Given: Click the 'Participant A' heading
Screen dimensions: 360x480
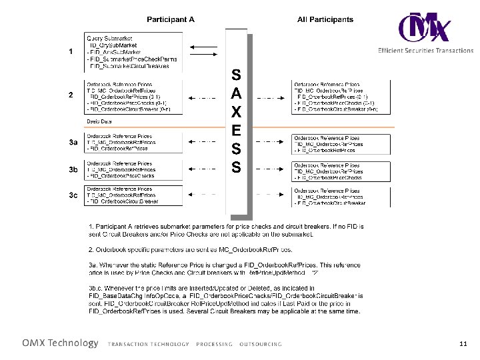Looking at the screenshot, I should [171, 19].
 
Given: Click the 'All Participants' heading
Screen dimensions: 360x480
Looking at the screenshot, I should [325, 19].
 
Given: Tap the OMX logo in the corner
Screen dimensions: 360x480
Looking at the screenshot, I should [424, 27].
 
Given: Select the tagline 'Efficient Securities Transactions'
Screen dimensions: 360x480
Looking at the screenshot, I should [425, 51].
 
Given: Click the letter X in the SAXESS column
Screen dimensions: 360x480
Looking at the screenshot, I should [236, 109].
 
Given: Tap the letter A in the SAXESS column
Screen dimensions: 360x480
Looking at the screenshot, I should [236, 91].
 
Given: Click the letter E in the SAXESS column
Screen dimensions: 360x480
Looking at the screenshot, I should [236, 128].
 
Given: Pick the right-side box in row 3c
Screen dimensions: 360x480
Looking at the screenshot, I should [340, 196].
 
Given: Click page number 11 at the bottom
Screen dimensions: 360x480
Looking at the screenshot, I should [463, 344].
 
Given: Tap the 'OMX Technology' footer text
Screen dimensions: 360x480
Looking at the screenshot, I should [60, 343].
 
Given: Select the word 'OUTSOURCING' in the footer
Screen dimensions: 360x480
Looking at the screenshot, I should [261, 345].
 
